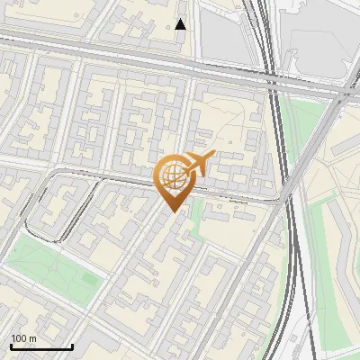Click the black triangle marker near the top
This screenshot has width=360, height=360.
181,24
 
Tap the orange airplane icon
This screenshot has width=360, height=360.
200,164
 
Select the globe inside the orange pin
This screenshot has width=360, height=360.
171,176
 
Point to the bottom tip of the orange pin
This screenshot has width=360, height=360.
171,212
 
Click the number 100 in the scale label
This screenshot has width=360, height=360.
19,338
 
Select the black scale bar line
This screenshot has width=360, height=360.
41,346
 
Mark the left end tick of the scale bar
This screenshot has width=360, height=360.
11,345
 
